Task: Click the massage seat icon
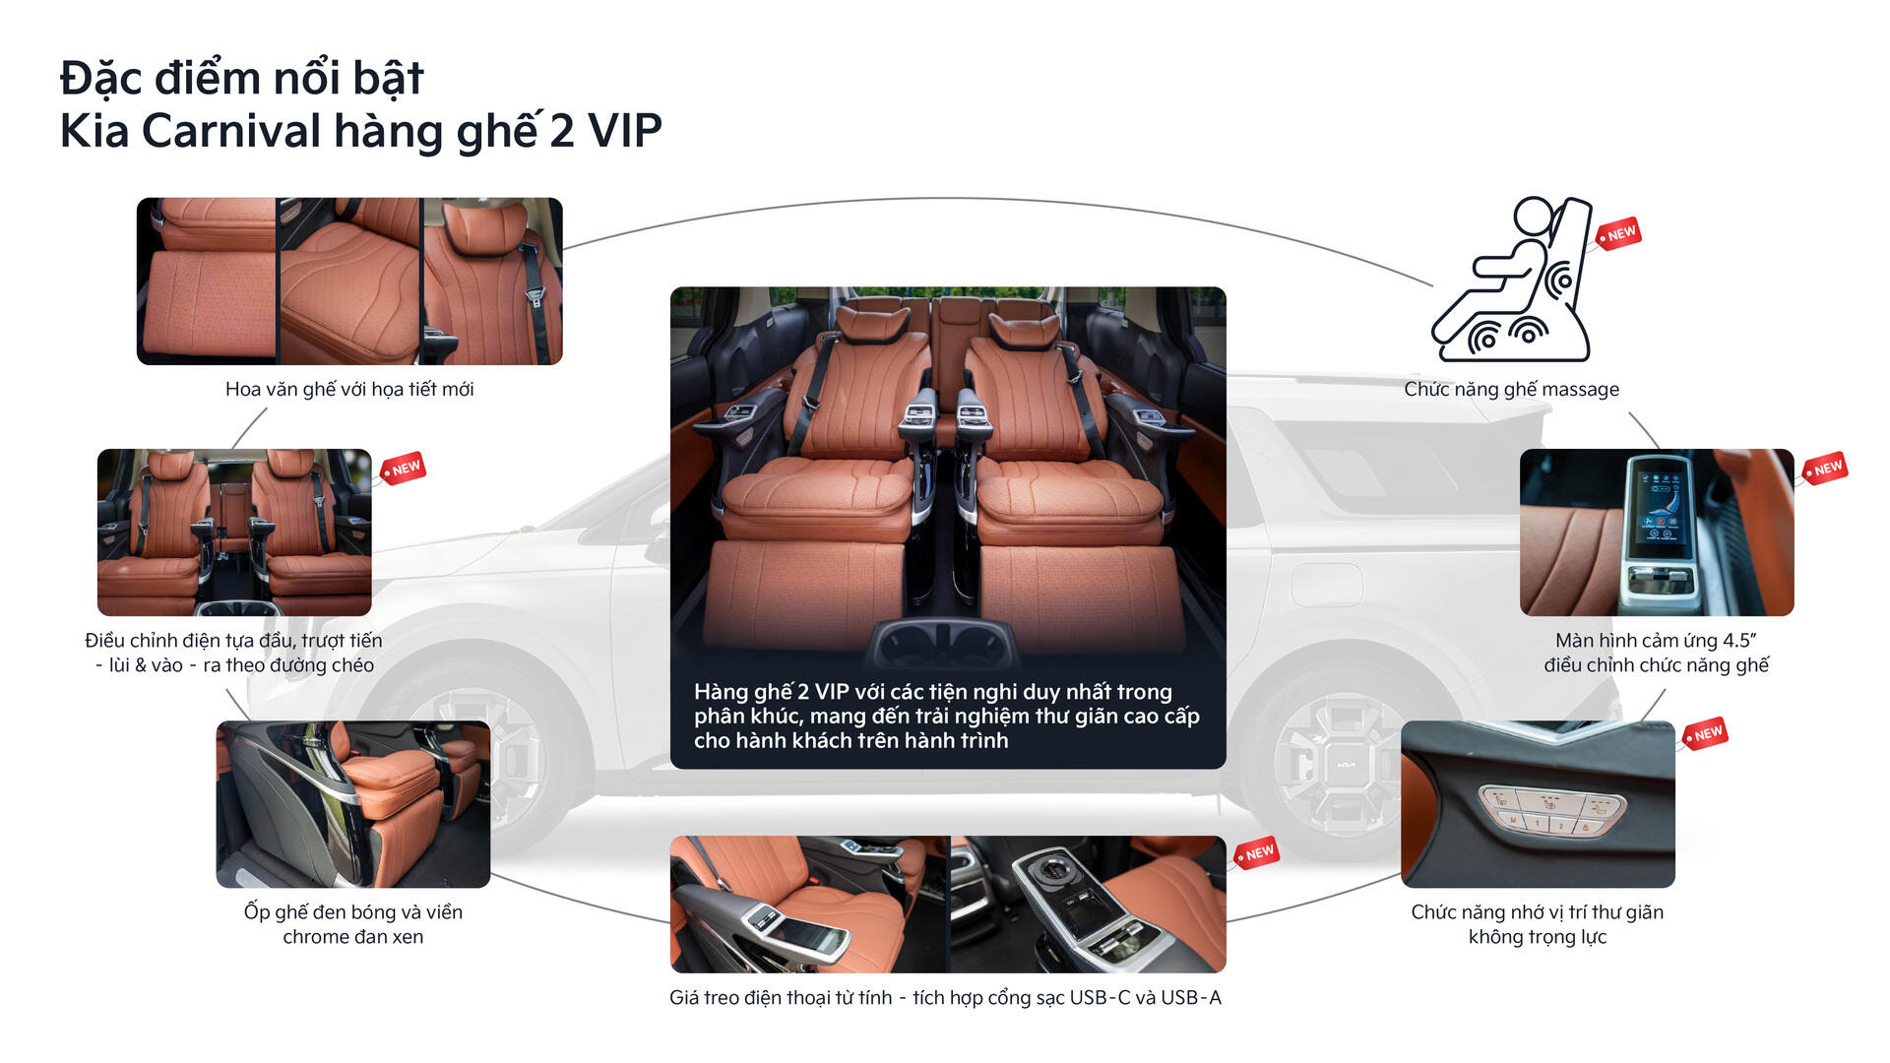point(1511,280)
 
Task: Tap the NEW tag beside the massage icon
point(1618,234)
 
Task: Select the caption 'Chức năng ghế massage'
point(1511,389)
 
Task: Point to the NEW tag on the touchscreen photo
point(1826,469)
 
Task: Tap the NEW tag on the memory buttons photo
point(1706,733)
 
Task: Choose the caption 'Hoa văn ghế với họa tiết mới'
point(349,389)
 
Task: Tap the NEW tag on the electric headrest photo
point(404,469)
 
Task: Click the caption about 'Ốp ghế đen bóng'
point(353,924)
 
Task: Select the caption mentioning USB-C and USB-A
point(945,997)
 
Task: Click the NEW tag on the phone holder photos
point(1258,852)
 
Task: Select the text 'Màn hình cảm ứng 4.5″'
point(1656,640)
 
